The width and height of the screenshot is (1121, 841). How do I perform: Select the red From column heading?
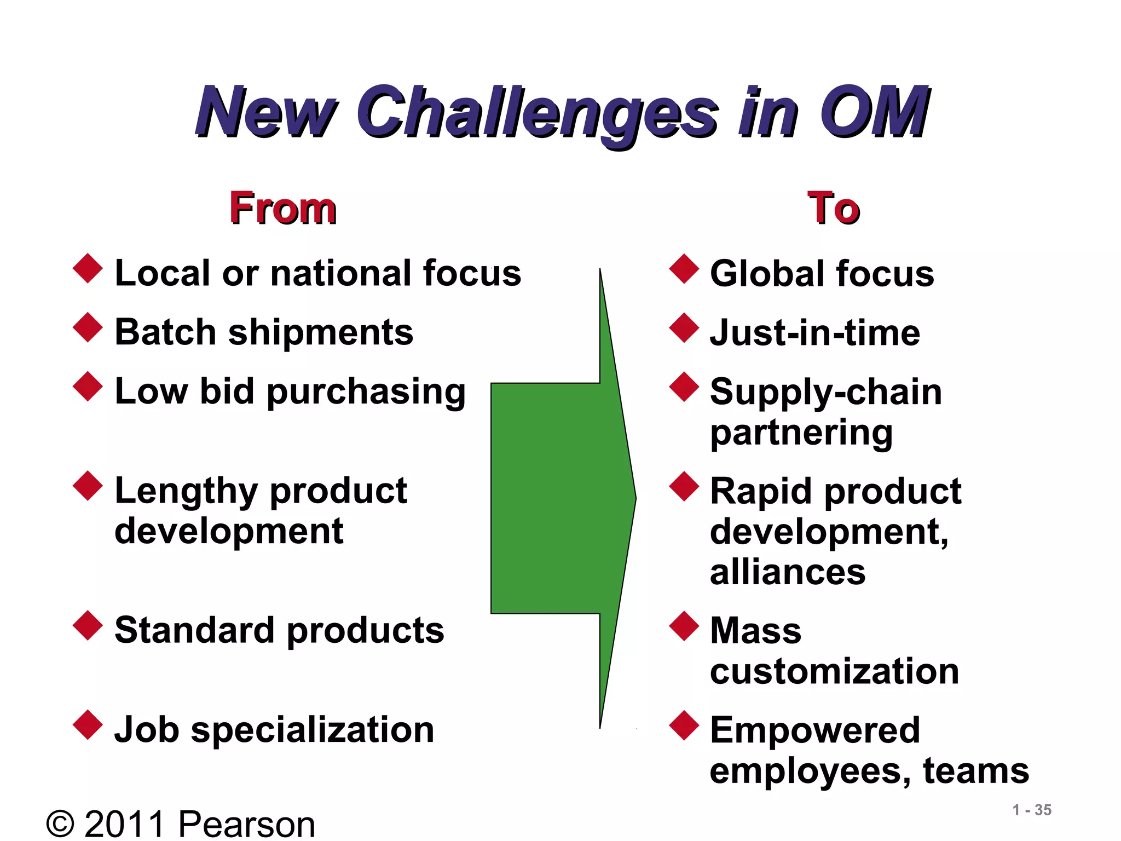[282, 208]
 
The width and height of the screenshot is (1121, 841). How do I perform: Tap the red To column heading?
[833, 208]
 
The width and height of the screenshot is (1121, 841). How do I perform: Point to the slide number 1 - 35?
[1032, 810]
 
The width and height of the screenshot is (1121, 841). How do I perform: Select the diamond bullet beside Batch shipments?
[88, 327]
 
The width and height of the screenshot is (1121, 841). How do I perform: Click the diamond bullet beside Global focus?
[684, 268]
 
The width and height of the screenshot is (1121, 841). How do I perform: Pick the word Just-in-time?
[814, 333]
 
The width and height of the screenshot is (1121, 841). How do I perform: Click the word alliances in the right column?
[787, 572]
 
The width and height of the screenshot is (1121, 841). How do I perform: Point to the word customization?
[834, 671]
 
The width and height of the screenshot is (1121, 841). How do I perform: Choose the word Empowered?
[814, 730]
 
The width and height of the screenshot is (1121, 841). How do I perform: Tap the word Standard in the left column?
[194, 630]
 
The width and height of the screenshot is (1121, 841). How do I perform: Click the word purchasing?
[366, 392]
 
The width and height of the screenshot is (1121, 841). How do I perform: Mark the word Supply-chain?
[825, 393]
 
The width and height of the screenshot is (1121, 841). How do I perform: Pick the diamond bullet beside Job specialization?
[88, 725]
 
